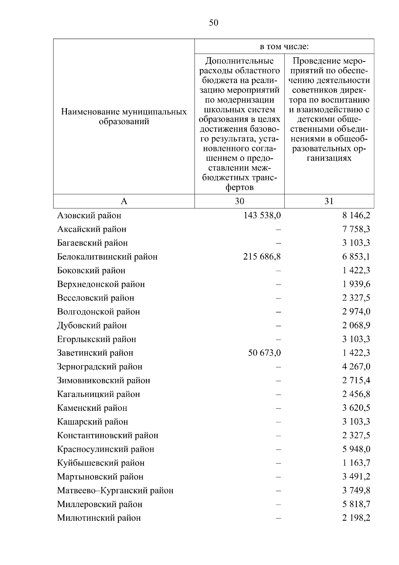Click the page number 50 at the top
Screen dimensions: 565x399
(x=213, y=23)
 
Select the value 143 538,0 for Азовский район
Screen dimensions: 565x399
(x=262, y=216)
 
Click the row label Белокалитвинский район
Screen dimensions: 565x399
(x=107, y=257)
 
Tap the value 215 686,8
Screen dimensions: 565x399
(x=262, y=257)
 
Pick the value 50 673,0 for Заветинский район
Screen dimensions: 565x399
(x=264, y=353)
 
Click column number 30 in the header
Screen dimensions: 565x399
(x=239, y=201)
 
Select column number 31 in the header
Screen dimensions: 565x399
(x=329, y=201)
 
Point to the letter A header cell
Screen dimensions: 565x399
(x=124, y=201)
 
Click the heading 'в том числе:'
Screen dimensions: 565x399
(x=284, y=47)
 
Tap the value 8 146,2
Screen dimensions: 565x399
(x=356, y=216)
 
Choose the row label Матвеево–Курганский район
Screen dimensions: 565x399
(x=115, y=490)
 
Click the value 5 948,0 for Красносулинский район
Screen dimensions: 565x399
(x=356, y=449)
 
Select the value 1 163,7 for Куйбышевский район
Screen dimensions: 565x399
(x=356, y=463)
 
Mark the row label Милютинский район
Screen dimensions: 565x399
(x=99, y=518)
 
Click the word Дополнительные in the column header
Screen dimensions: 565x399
(x=239, y=61)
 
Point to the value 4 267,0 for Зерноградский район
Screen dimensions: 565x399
(x=356, y=367)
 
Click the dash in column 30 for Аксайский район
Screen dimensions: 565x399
(x=278, y=229)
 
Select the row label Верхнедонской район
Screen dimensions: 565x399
(x=101, y=284)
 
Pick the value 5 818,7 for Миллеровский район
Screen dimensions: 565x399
(x=356, y=504)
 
